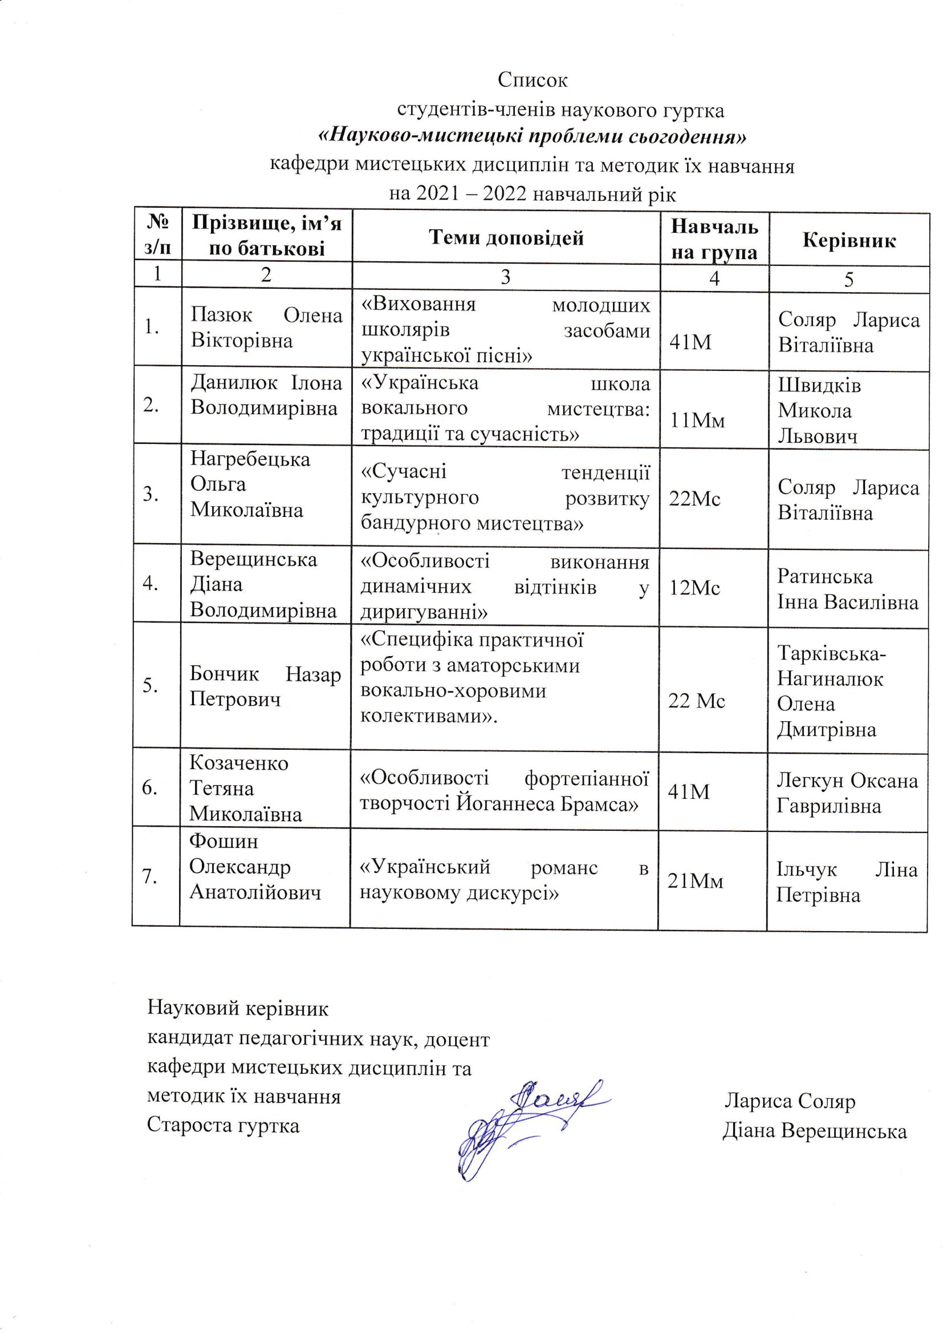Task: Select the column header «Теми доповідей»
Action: click(x=506, y=237)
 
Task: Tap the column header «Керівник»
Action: click(x=849, y=240)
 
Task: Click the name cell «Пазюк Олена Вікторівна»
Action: click(x=266, y=328)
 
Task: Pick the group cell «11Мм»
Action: click(x=697, y=420)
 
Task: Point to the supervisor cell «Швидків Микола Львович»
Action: click(x=819, y=411)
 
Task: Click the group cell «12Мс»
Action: click(x=694, y=589)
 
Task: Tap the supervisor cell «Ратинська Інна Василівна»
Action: click(x=848, y=589)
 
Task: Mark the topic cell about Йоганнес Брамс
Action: click(x=504, y=791)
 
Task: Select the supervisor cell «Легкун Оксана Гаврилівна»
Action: click(x=847, y=793)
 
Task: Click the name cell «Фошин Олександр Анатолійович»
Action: click(x=255, y=867)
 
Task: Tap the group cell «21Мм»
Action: click(x=696, y=882)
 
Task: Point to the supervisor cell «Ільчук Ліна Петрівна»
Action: click(x=847, y=882)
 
